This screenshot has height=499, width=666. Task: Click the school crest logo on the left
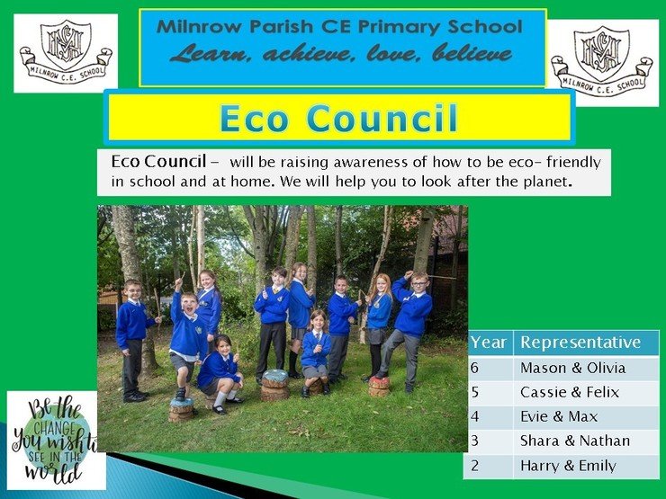point(66,53)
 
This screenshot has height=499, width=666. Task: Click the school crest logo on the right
point(603,62)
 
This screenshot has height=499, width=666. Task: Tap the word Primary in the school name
point(400,27)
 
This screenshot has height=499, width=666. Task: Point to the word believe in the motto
point(472,54)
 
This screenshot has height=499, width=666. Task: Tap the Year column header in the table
point(489,343)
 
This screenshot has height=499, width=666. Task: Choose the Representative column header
point(580,343)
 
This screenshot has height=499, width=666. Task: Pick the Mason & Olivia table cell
point(573,368)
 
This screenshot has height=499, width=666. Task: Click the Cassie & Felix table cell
point(570,393)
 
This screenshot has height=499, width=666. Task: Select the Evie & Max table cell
point(559,416)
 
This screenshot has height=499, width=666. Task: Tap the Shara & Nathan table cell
point(575,441)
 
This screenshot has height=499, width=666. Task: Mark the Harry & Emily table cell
point(568,466)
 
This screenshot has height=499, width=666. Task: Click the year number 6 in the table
point(474,368)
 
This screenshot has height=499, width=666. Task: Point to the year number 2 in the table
point(474,466)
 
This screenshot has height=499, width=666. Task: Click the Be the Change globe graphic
point(55,441)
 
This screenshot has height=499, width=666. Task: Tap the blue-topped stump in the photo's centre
point(274,385)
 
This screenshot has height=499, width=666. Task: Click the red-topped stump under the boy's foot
point(379,386)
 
